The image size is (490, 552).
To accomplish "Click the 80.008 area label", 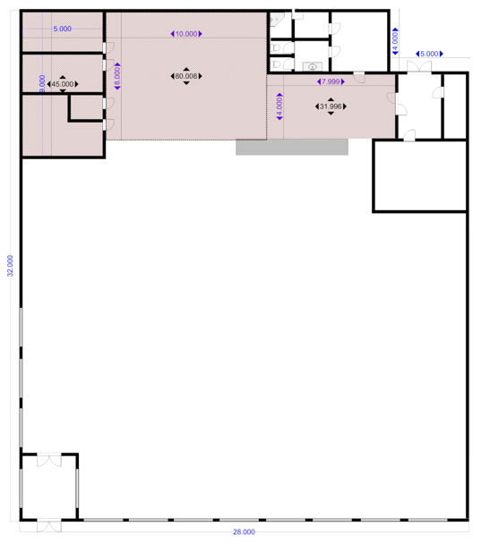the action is coord(186,76).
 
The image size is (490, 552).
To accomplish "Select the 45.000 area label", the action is coord(63,84).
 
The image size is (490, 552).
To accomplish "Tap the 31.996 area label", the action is coord(331,106).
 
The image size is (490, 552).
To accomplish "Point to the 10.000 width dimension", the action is coord(186,34).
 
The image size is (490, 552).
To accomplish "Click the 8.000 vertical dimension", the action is coord(117,76).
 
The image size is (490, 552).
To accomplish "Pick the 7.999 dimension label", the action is coord(331,81).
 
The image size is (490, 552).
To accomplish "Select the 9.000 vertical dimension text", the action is coord(42,84).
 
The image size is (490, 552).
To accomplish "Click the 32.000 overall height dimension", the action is coord(10,266).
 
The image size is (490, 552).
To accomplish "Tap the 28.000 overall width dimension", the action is coord(244,532).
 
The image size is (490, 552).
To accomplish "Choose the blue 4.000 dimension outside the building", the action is coord(395,41).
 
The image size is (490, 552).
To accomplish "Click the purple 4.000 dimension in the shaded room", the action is coord(279,106).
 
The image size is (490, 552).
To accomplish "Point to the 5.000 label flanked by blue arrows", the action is coord(429,54).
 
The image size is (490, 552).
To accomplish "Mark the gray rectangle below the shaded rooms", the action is coord(292,147).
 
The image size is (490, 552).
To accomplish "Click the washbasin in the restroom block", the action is coord(313,66).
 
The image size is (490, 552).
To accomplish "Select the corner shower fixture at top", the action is coord(277,20).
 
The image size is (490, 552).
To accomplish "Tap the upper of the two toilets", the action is coord(276,47).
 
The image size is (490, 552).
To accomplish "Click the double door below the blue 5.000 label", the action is coord(419,67).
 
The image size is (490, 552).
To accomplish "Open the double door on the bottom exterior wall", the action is coord(49,526).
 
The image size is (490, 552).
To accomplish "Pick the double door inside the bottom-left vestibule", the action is coord(49,460).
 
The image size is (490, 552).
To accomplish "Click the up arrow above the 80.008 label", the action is coord(186,70).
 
